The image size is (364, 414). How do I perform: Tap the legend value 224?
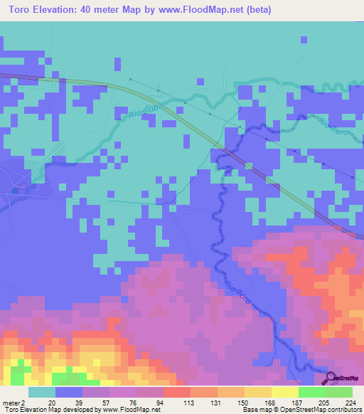[351, 403]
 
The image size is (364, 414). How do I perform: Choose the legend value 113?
[188, 403]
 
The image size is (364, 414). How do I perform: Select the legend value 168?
[270, 403]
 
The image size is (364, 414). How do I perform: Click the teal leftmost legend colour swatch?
[42, 392]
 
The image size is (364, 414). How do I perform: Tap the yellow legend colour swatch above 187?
[284, 392]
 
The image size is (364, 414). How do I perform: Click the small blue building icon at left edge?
[16, 190]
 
